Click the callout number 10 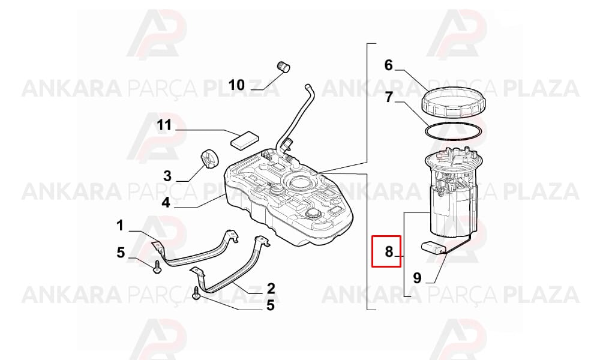[x=236, y=85]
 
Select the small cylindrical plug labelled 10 [x=283, y=66]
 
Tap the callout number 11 [x=164, y=125]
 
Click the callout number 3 [x=167, y=176]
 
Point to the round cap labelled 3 [x=209, y=159]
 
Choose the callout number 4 [x=166, y=202]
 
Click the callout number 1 [x=120, y=226]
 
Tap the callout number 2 [x=271, y=288]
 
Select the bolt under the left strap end [x=157, y=266]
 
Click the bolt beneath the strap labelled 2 [x=197, y=293]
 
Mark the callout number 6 [x=389, y=65]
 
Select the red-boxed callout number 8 [x=389, y=252]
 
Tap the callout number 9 [x=417, y=278]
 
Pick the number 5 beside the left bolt [x=121, y=253]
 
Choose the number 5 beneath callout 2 [x=271, y=305]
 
